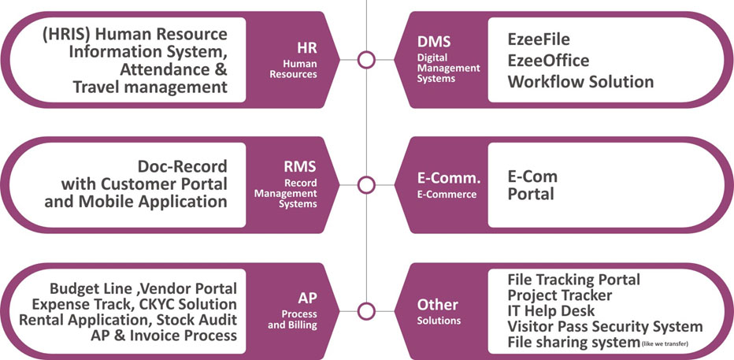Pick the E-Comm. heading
tap(448, 179)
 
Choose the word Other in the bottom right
tap(437, 305)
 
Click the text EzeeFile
tap(539, 39)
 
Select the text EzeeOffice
tap(548, 60)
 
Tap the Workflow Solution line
tap(580, 81)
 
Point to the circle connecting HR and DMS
tap(366, 60)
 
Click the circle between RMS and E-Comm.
tap(366, 185)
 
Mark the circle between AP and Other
tap(366, 310)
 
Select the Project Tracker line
tap(560, 295)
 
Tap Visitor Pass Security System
tap(605, 326)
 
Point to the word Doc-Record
tap(182, 167)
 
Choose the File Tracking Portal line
tap(573, 279)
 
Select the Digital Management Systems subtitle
tap(447, 68)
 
